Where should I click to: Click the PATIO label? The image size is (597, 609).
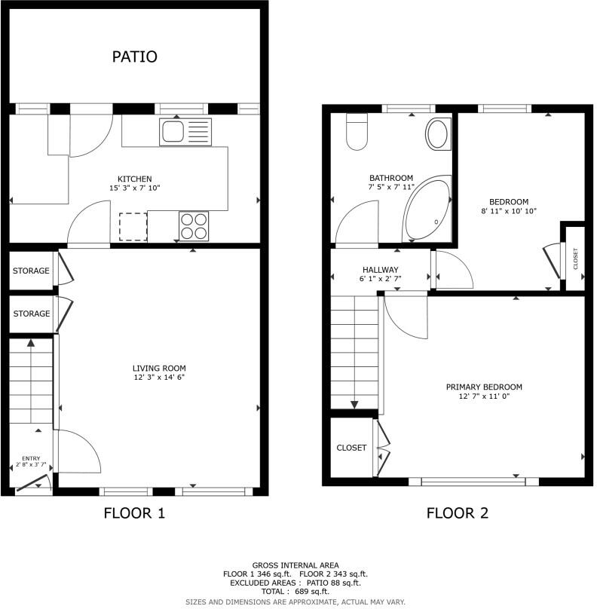click(x=134, y=57)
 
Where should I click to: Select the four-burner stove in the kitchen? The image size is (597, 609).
click(x=192, y=225)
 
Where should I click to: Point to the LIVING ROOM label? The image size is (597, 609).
click(x=158, y=369)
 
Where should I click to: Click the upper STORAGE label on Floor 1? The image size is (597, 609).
click(x=31, y=271)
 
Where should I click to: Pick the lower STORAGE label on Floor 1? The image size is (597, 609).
click(x=31, y=314)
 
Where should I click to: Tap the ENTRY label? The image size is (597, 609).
click(x=31, y=458)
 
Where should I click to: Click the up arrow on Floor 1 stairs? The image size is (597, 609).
click(x=31, y=344)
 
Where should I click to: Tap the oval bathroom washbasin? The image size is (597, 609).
click(x=436, y=135)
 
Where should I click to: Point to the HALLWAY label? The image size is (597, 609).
click(x=380, y=270)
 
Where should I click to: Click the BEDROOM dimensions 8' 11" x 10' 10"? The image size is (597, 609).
click(x=509, y=211)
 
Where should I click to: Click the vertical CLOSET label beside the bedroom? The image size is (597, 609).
click(x=575, y=259)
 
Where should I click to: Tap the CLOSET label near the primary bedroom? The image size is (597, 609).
click(x=351, y=448)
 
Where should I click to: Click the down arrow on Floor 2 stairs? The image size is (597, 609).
click(x=354, y=404)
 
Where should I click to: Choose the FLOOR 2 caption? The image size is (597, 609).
click(x=458, y=514)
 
